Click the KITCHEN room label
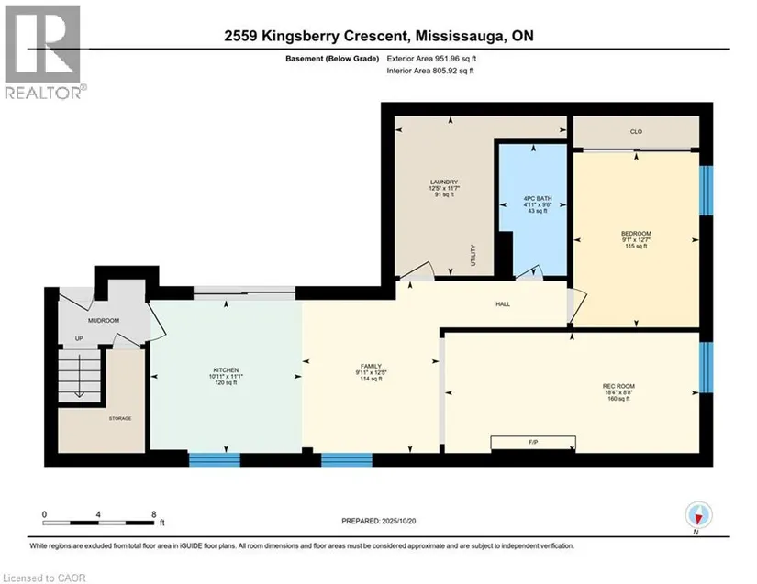click(x=226, y=370)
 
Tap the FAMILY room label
click(x=371, y=367)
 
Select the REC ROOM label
click(x=618, y=386)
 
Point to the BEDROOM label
click(x=636, y=234)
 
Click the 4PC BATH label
click(x=538, y=199)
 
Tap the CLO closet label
click(x=636, y=132)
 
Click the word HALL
click(x=503, y=304)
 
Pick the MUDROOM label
click(x=104, y=321)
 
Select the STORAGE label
click(x=119, y=419)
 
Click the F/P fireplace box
click(x=533, y=443)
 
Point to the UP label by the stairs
click(x=79, y=338)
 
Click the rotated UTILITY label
click(x=473, y=255)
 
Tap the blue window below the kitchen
click(x=215, y=459)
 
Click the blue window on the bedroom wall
click(x=706, y=191)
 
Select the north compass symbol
click(x=698, y=515)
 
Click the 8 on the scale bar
click(x=153, y=514)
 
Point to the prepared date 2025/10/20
click(x=398, y=522)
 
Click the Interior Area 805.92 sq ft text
click(x=430, y=71)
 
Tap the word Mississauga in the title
click(x=457, y=36)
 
